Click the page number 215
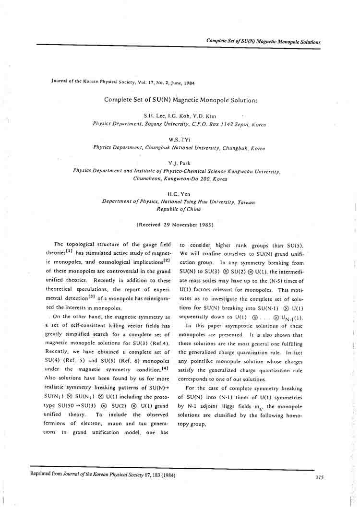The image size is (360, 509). click(x=320, y=477)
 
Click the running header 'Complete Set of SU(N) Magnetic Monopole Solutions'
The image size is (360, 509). click(x=263, y=42)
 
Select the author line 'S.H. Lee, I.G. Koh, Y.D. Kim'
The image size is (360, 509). click(x=180, y=116)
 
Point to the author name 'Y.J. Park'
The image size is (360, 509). click(x=180, y=164)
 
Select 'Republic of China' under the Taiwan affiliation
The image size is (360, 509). click(x=179, y=209)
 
